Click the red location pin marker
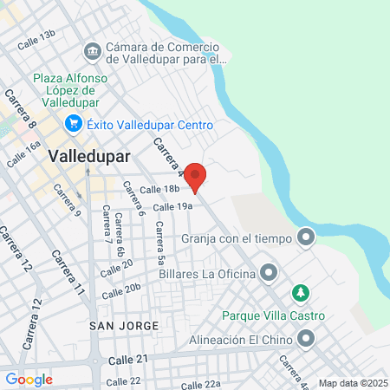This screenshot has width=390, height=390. [196, 176]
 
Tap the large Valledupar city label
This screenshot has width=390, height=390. [89, 157]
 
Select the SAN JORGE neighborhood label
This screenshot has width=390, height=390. [124, 326]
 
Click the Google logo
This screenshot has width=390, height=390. [29, 379]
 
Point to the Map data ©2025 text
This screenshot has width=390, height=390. [353, 383]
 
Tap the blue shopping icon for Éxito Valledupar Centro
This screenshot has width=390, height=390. [74, 125]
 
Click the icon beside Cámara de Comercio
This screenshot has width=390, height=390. [91, 54]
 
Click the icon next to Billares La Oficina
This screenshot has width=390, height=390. [269, 275]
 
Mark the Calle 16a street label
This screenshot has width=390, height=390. [23, 154]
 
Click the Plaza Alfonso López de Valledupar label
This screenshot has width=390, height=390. [70, 89]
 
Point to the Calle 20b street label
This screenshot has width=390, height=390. [120, 289]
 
